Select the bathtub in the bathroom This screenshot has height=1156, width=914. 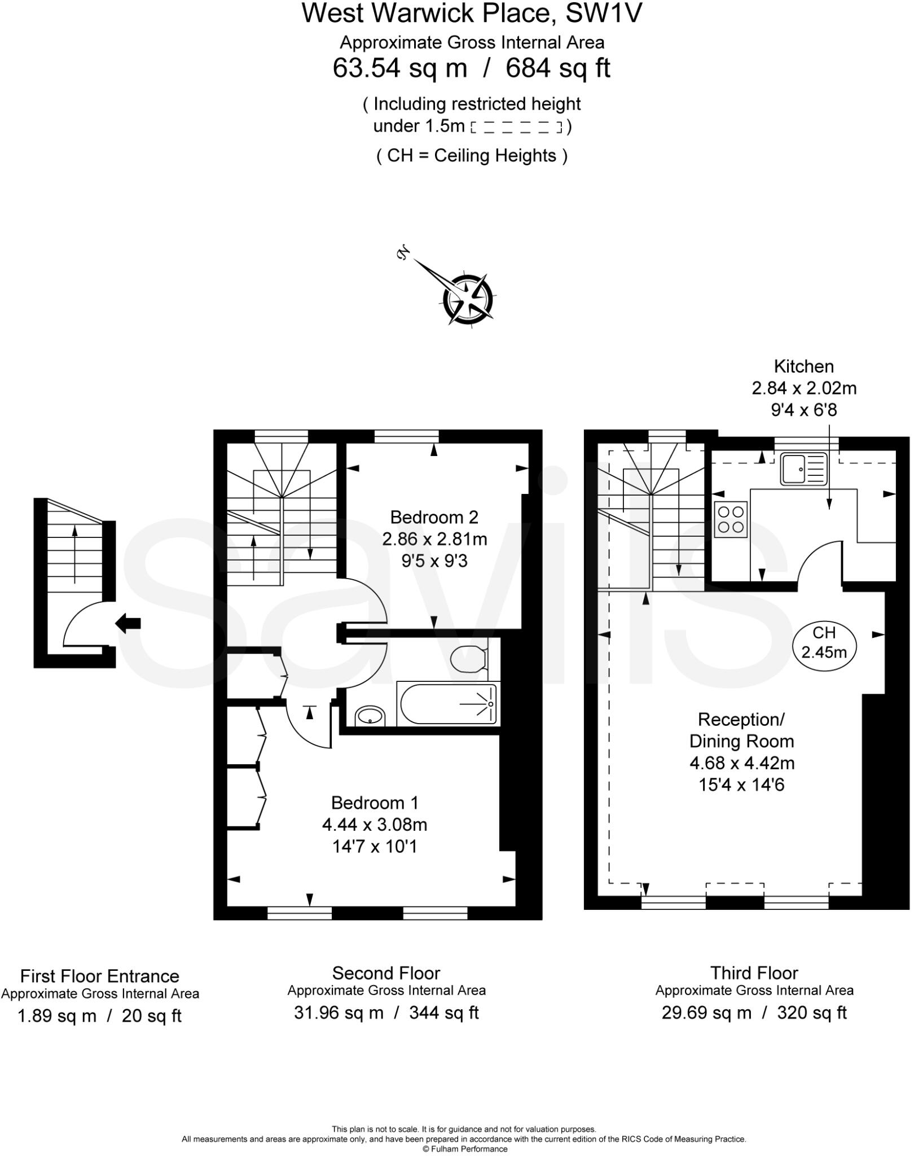click(448, 704)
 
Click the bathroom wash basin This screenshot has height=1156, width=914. click(370, 717)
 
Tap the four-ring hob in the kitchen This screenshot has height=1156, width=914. click(731, 519)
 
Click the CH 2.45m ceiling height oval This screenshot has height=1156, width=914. click(824, 642)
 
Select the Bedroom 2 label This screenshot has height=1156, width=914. click(434, 517)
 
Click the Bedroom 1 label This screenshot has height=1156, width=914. click(375, 803)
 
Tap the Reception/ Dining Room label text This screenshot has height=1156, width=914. click(741, 730)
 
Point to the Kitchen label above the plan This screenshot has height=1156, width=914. click(803, 366)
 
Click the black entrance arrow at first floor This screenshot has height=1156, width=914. click(128, 623)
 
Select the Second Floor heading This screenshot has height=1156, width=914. click(386, 973)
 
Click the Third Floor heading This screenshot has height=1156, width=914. click(754, 973)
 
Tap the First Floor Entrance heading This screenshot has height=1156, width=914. click(100, 976)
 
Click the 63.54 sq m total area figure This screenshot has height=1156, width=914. click(400, 68)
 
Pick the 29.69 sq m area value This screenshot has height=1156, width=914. click(706, 1013)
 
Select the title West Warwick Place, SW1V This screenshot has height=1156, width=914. click(472, 14)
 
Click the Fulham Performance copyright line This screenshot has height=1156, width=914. click(465, 1149)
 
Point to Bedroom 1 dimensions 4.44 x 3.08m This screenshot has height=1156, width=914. click(375, 825)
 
